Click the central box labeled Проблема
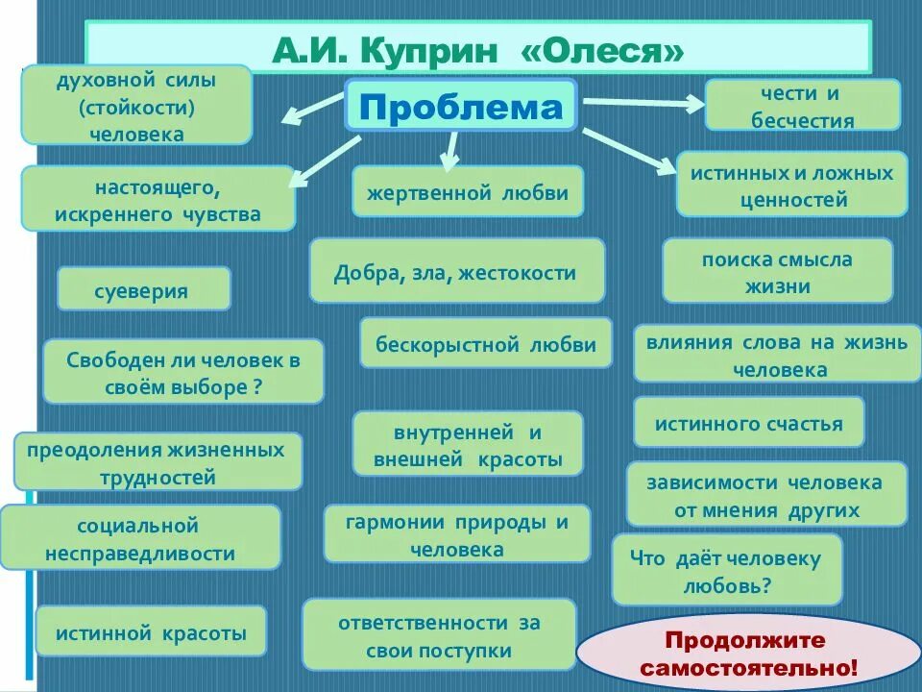click(x=460, y=108)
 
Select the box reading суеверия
click(x=143, y=289)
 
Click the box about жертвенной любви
click(x=467, y=192)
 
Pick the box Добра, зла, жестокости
click(x=456, y=272)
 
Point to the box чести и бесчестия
click(x=803, y=106)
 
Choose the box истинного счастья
click(x=748, y=423)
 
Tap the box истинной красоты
click(x=151, y=632)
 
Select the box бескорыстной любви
click(x=485, y=344)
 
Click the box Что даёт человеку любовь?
click(x=727, y=571)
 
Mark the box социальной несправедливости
click(x=140, y=538)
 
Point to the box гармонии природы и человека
click(x=457, y=535)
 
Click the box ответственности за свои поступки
click(x=439, y=635)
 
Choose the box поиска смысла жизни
click(x=777, y=272)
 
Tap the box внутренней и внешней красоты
click(x=468, y=444)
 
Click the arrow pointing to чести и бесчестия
click(x=643, y=103)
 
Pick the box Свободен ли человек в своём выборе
click(x=183, y=373)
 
